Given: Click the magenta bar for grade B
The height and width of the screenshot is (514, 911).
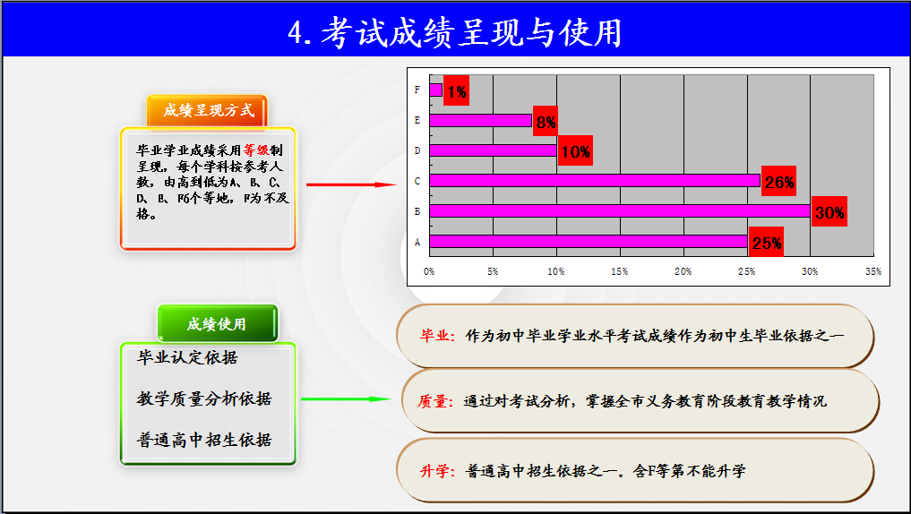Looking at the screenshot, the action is [x=620, y=210].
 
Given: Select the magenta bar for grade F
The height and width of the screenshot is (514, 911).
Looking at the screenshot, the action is [x=435, y=90].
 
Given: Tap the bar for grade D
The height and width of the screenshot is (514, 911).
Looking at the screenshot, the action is [x=494, y=150].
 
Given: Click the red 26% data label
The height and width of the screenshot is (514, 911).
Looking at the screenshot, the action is [x=778, y=182].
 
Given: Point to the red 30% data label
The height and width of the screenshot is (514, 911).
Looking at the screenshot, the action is [x=829, y=212].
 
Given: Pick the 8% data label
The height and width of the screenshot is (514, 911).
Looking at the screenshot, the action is [x=546, y=122].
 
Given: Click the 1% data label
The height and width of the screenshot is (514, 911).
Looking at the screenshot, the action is [x=456, y=90].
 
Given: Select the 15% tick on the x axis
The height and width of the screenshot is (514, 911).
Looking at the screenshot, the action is [x=619, y=272].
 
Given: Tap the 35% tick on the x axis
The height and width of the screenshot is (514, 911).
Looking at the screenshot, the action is [x=872, y=272].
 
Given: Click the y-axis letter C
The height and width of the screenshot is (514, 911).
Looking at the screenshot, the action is [x=417, y=181].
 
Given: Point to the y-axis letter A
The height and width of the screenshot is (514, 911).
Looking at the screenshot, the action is [x=417, y=242].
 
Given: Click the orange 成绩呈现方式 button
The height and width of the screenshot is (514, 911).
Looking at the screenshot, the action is [x=208, y=110].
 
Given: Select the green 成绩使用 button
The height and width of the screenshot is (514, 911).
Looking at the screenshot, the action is [x=218, y=323].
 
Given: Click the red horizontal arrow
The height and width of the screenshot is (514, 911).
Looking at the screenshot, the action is [x=351, y=184].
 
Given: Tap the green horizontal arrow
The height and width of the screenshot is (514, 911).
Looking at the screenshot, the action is [x=347, y=399].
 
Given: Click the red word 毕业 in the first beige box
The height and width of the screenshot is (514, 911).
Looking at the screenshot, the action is [x=434, y=336].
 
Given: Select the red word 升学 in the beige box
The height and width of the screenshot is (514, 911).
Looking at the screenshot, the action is [x=434, y=471].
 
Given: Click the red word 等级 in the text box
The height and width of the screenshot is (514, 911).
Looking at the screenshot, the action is [x=256, y=150].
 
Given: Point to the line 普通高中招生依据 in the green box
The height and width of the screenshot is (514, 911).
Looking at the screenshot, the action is [x=204, y=440].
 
